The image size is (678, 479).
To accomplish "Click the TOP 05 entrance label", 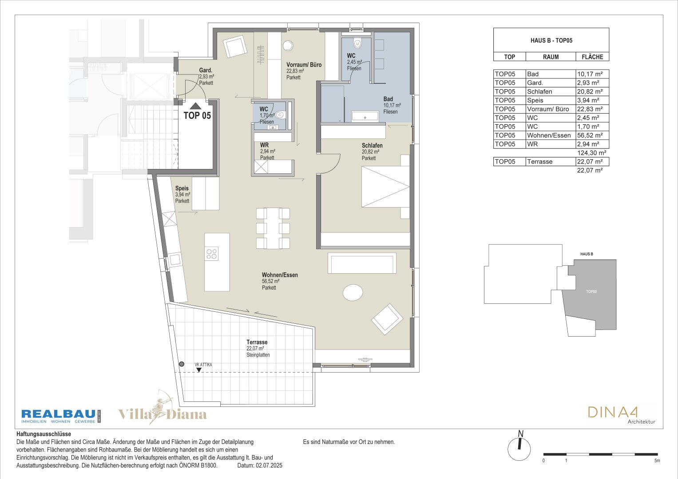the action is point(197,115).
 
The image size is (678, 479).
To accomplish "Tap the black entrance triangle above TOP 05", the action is point(195,106).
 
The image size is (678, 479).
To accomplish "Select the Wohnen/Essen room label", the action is point(280,275).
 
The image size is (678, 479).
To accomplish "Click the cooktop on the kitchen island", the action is point(212,254).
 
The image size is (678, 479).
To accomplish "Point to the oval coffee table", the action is point(353,292).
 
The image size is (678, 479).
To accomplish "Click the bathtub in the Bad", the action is point(365,116).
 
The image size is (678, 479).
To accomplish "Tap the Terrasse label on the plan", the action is point(257,342).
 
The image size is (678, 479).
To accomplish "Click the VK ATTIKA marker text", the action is point(203,365).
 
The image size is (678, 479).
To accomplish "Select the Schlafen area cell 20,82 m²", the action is point(590,92).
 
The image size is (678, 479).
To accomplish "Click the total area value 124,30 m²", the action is point(591,153).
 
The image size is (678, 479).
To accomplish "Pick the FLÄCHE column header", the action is point(592,57).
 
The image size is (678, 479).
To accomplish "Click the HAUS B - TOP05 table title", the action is point(551,40).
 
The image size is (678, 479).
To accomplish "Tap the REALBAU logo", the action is point(61,416).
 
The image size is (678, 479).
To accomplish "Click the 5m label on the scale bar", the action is point(657,461).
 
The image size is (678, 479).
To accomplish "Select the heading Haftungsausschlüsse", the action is point(44,434).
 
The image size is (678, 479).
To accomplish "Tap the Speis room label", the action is point(182,188).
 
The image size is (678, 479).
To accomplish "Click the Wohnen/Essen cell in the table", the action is point(549,135).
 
